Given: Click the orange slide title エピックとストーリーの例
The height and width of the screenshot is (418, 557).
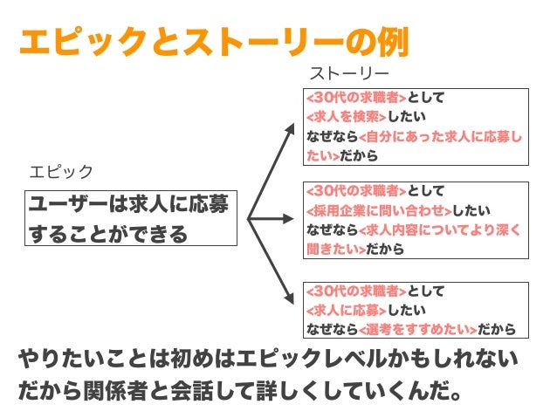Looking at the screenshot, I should click(x=214, y=41).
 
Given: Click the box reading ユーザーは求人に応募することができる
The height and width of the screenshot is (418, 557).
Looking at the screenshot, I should click(x=131, y=219).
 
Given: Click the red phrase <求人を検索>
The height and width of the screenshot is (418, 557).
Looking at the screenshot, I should click(x=346, y=115).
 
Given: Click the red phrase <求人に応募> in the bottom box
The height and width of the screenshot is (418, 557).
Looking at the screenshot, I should click(x=346, y=310).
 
